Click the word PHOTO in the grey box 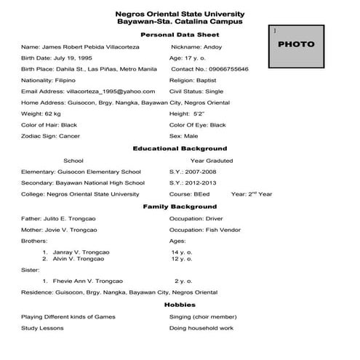coord(297,44)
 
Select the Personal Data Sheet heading coord(180,34)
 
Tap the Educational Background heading coord(180,148)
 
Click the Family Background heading coord(180,207)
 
